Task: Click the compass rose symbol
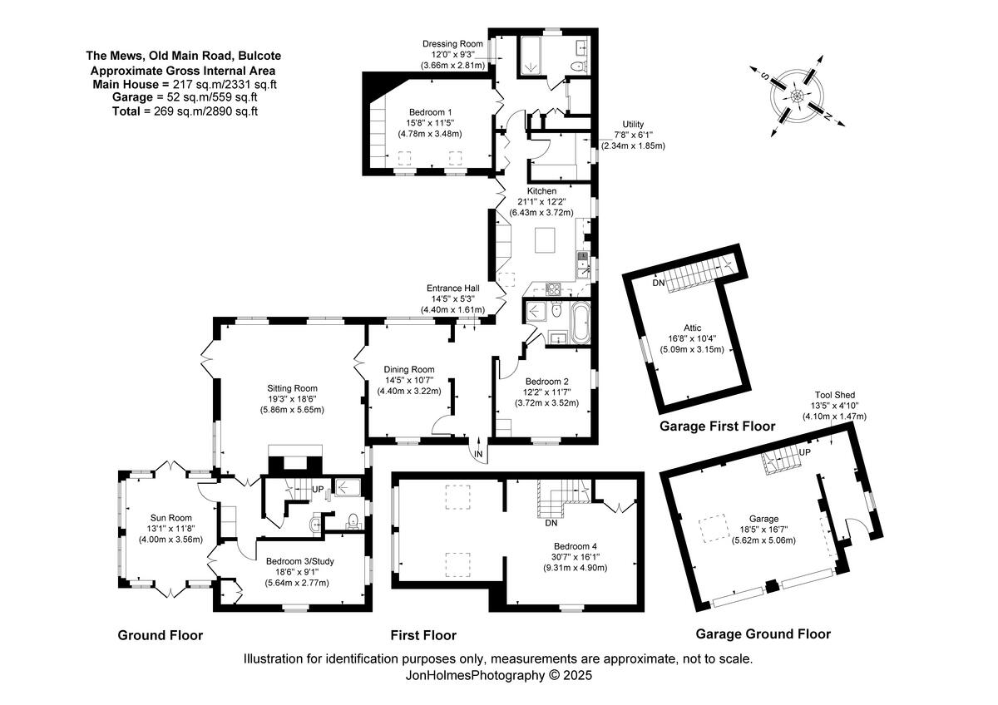[x=797, y=95]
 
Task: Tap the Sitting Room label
[x=293, y=387]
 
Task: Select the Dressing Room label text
[x=452, y=43]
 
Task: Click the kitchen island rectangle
[x=546, y=240]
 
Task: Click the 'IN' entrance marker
[x=479, y=454]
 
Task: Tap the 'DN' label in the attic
[x=659, y=283]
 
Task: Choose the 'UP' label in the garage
[x=804, y=451]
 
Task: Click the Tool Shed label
[x=834, y=395]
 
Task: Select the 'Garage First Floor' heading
[x=717, y=426]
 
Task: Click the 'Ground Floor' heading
[x=161, y=635]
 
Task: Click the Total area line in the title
[x=184, y=111]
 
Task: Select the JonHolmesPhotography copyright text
[x=498, y=676]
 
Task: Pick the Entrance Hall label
[x=453, y=288]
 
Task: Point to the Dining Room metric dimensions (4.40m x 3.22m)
[x=408, y=391]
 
